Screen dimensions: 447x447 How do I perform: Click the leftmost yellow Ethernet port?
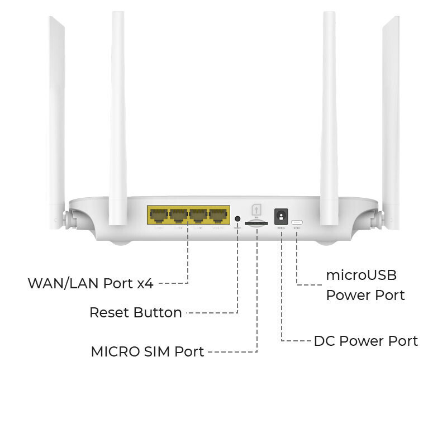click(x=158, y=215)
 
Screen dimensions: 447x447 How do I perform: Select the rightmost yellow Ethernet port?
click(x=218, y=215)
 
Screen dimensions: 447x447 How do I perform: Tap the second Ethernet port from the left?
click(x=178, y=215)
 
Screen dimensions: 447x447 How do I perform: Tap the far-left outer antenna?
click(x=56, y=112)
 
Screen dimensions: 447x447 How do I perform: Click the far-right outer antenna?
click(x=391, y=112)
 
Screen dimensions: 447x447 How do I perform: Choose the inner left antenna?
click(x=117, y=112)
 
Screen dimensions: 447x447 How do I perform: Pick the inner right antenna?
click(x=330, y=112)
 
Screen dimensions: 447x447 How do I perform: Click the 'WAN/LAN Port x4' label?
click(x=91, y=283)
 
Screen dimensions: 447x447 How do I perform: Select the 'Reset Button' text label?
click(x=135, y=312)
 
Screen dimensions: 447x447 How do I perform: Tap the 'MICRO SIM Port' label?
click(x=147, y=352)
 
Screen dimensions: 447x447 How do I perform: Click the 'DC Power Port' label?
click(x=365, y=341)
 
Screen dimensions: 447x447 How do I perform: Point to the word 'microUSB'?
click(x=361, y=275)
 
